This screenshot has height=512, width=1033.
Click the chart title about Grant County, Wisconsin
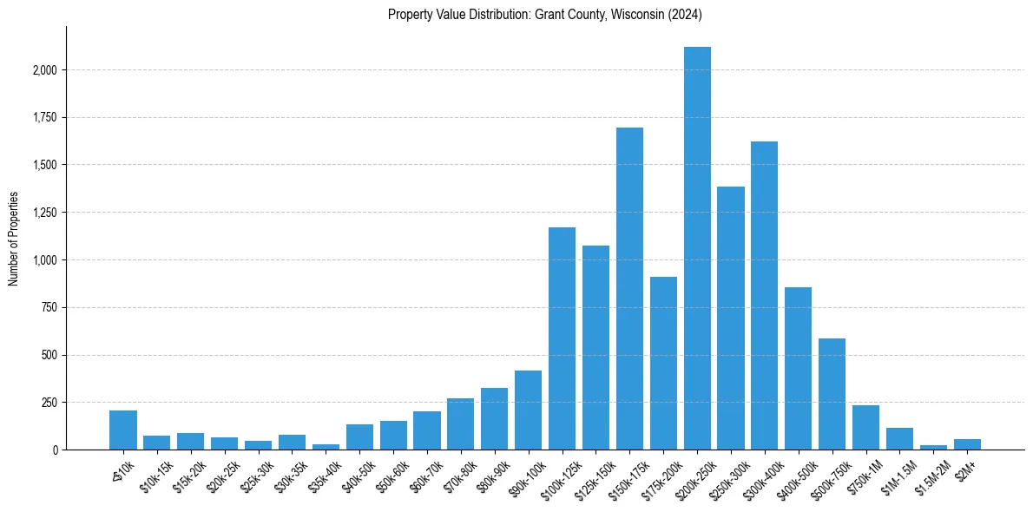click(x=545, y=14)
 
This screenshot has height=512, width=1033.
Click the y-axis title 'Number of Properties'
click(x=14, y=239)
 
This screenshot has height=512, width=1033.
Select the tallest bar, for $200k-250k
click(x=697, y=248)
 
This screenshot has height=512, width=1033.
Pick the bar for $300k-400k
click(x=764, y=296)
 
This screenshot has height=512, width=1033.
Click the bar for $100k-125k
click(x=562, y=338)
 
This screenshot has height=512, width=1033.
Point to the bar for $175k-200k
click(x=663, y=364)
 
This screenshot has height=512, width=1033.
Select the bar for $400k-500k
click(x=798, y=369)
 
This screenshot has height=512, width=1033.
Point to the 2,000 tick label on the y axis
click(x=44, y=70)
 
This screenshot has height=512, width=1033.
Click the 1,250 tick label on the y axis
click(x=44, y=213)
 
